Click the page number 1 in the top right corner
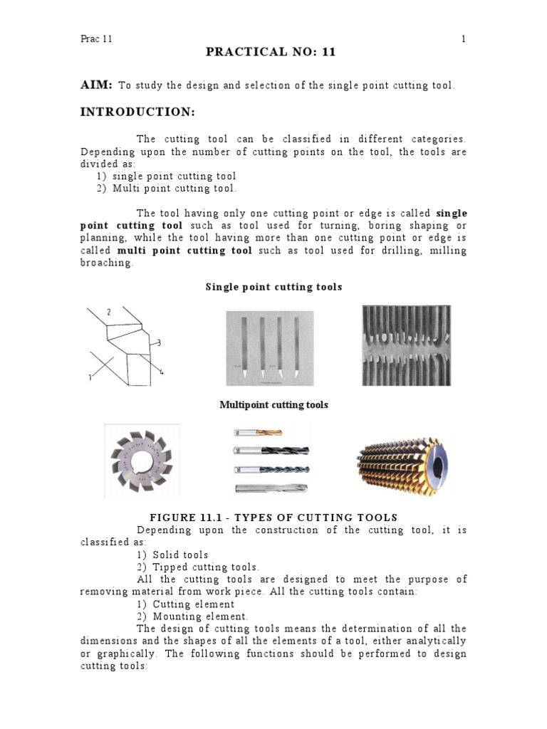[464, 39]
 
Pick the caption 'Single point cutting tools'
[273, 287]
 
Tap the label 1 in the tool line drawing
[90, 378]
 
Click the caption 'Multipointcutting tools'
[273, 404]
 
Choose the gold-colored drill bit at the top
[257, 432]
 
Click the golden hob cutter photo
[405, 461]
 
